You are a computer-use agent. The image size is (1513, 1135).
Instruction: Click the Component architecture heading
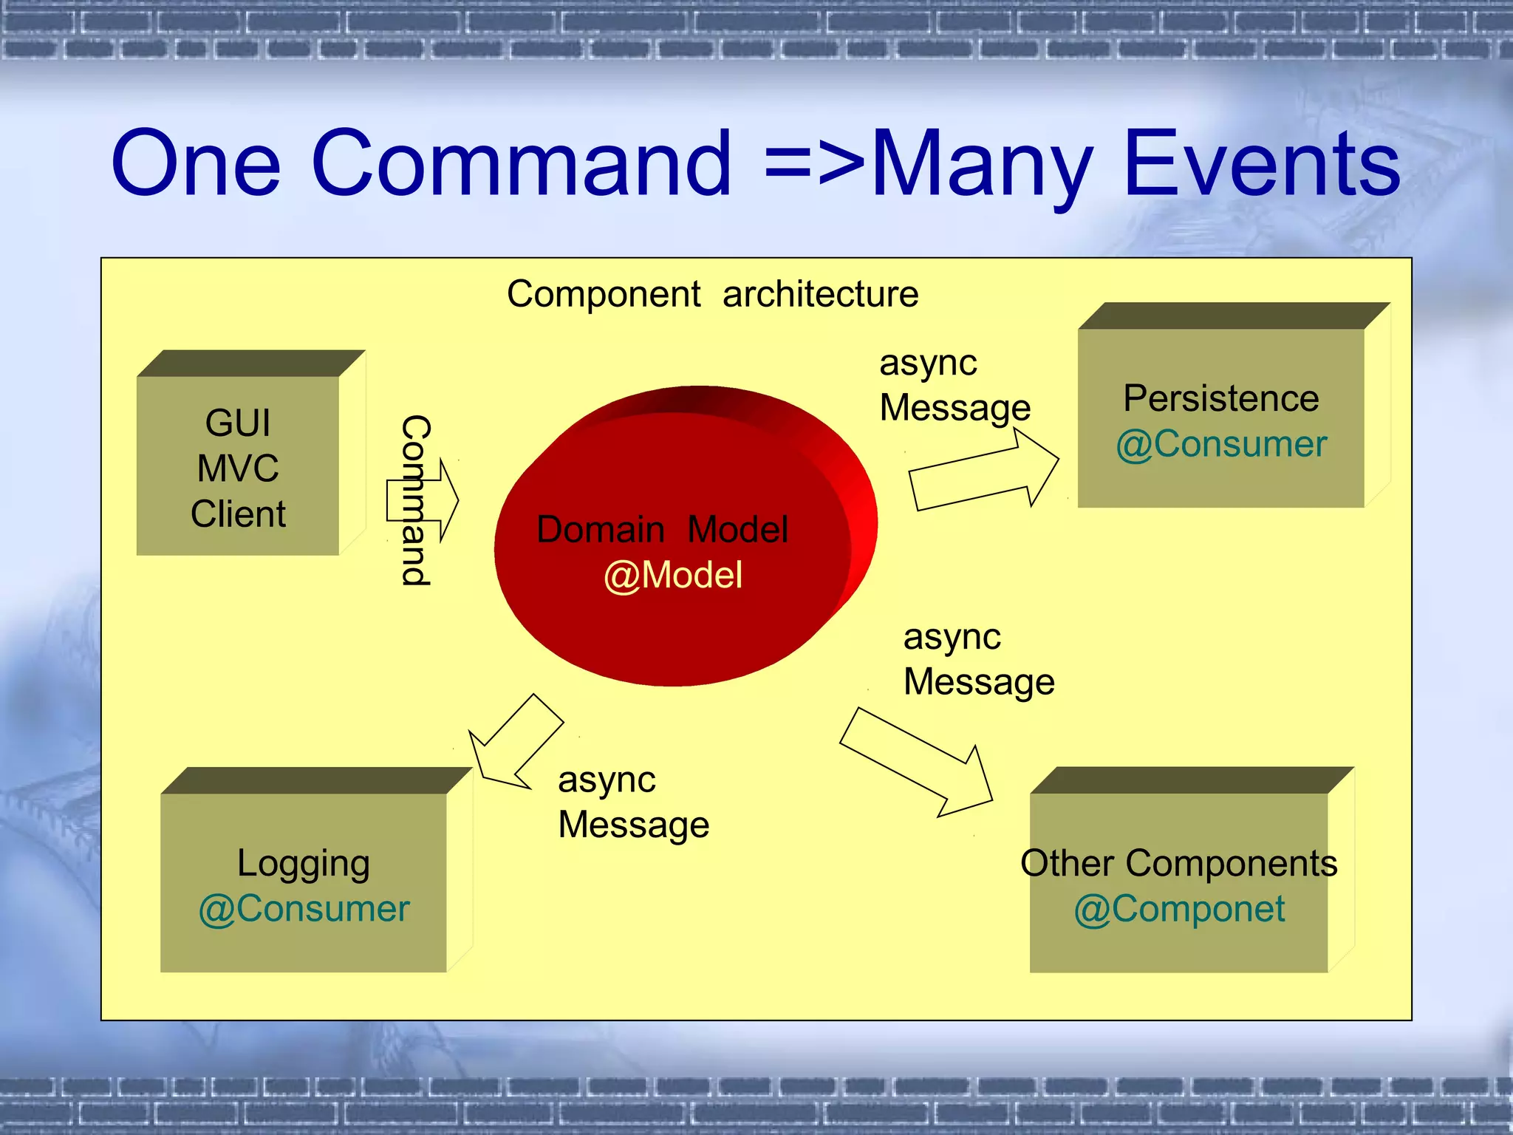[712, 294]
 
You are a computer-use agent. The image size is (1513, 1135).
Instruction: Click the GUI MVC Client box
[238, 466]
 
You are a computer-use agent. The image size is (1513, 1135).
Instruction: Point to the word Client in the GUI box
[238, 514]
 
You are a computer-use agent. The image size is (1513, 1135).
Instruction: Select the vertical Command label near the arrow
[416, 500]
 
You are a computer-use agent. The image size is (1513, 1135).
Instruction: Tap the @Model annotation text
[672, 575]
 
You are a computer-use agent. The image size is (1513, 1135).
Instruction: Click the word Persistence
[1220, 398]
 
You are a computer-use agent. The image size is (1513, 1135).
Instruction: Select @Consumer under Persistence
[1220, 444]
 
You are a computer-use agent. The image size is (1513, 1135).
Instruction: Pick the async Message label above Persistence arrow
[954, 385]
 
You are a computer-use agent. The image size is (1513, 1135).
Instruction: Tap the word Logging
[303, 863]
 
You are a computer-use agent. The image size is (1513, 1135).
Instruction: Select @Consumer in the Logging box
[303, 909]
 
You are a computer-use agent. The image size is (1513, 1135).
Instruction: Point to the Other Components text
[1178, 863]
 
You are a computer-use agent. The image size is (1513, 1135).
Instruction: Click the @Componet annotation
[1178, 909]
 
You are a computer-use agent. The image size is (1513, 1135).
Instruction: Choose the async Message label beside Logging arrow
[632, 802]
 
